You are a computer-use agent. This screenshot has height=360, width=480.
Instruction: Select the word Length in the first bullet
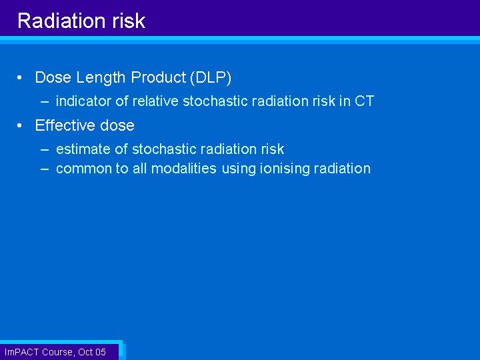coord(101,78)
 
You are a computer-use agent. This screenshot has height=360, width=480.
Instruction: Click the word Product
coord(159,77)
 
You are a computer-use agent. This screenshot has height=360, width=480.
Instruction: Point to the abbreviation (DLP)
coord(211,77)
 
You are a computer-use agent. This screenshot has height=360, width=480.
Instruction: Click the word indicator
coord(83,101)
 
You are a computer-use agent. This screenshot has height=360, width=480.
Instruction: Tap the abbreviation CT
coord(364,101)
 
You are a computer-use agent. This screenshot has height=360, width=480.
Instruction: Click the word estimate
coord(83,149)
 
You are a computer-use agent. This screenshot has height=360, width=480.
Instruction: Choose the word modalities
coord(184,169)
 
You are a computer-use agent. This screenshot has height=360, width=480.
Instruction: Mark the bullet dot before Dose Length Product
coord(19,78)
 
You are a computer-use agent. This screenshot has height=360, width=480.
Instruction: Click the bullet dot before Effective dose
coord(19,125)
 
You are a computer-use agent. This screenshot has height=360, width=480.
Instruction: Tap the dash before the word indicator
coord(45,102)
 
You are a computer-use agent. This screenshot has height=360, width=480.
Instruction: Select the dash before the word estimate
coord(45,150)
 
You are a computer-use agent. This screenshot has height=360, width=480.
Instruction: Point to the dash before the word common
coord(45,169)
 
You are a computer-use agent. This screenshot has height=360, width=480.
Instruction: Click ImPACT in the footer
coord(22,353)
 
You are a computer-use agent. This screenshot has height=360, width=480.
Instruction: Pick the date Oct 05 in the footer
coord(92,353)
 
